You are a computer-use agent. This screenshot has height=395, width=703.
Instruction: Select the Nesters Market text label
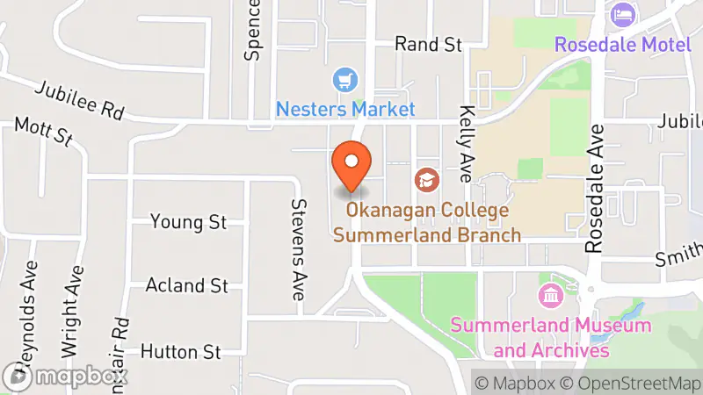345,109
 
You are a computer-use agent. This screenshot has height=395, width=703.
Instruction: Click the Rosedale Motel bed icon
623,15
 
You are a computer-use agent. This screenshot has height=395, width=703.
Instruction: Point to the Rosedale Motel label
623,43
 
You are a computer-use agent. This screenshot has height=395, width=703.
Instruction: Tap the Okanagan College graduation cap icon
427,180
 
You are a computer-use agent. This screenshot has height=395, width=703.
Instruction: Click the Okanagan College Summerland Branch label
427,223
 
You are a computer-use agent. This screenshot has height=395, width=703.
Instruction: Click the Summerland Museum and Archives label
551,338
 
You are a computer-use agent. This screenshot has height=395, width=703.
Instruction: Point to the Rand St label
428,44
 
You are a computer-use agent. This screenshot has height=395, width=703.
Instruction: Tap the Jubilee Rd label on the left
80,100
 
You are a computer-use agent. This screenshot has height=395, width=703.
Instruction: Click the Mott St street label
43,133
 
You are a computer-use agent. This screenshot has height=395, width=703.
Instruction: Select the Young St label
188,222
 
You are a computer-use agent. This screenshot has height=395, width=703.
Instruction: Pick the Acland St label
186,286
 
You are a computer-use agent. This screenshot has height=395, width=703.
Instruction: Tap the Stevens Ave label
298,249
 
